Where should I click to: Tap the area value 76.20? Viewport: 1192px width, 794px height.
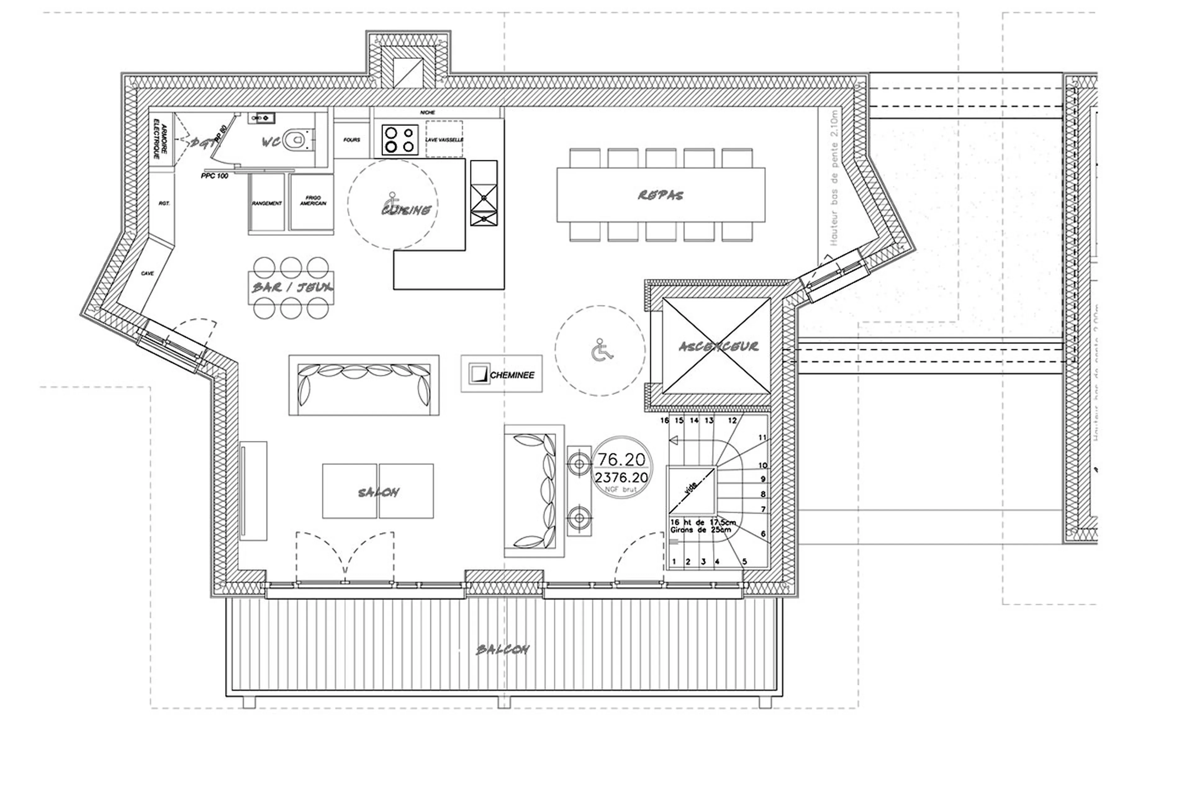tap(621, 459)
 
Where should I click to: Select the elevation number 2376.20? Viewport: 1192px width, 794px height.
tap(621, 477)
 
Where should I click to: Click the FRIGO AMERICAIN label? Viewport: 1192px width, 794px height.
tap(313, 200)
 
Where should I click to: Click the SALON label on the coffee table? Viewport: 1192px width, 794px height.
tap(378, 492)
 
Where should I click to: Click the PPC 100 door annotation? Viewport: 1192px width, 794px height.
tap(214, 176)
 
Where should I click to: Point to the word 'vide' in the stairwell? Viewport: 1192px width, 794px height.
tap(690, 487)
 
